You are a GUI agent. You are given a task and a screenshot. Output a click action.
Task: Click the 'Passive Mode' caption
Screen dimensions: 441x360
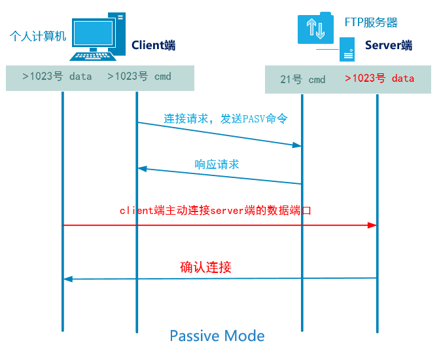[217, 336]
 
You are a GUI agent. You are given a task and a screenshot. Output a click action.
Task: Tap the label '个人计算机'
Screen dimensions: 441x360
[38, 36]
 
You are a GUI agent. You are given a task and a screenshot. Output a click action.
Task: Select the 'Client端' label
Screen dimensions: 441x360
[154, 45]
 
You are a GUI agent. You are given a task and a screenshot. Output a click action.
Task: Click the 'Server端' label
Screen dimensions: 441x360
[389, 45]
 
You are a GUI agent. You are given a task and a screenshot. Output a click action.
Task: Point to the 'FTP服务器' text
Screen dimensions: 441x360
[371, 22]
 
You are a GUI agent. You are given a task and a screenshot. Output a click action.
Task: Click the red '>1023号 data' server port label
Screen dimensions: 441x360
[379, 78]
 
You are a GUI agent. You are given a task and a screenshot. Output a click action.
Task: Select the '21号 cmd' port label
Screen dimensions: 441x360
[303, 79]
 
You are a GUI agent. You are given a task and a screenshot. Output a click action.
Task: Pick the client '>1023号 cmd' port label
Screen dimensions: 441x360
[139, 76]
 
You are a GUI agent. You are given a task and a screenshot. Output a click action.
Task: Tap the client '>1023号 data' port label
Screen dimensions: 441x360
[57, 76]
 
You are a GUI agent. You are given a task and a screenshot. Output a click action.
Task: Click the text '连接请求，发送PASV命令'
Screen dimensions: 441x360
[226, 118]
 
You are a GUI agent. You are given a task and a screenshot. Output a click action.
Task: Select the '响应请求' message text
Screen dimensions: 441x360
[217, 164]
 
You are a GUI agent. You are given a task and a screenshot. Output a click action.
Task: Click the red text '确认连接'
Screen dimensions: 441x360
[205, 267]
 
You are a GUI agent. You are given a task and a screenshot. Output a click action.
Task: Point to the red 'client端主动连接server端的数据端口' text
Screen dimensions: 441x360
[215, 210]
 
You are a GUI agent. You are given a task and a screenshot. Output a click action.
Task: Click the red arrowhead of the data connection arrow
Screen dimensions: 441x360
[372, 225]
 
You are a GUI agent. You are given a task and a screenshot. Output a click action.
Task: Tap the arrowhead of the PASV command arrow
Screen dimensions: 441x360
[297, 145]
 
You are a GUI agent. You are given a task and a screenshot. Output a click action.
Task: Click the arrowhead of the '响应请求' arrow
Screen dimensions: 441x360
[143, 169]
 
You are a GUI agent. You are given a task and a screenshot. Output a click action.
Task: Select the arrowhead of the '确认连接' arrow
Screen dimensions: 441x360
[68, 279]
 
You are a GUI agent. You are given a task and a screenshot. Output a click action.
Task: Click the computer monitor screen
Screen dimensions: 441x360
[94, 33]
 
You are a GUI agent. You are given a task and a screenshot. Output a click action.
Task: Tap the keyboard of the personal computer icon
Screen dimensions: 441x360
[93, 56]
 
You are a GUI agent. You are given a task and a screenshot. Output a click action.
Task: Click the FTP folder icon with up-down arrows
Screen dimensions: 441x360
[315, 28]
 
